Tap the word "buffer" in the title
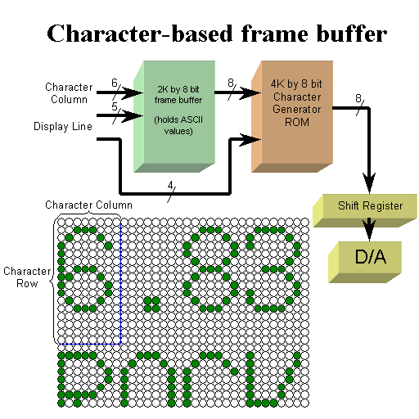click(351, 34)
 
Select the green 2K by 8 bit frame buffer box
click(174, 116)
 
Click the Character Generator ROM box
click(292, 116)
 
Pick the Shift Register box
click(365, 210)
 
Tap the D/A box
click(365, 262)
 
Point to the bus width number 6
click(115, 83)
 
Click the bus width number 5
click(115, 106)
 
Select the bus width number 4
click(170, 186)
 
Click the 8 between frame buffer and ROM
click(231, 83)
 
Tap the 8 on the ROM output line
click(358, 98)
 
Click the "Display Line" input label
click(63, 127)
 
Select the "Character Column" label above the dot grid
click(88, 205)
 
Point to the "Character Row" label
click(27, 277)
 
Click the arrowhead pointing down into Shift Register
click(369, 182)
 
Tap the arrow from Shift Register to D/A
click(369, 229)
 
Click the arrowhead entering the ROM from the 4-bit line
click(250, 139)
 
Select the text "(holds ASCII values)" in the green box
click(178, 125)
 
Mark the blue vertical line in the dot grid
click(120, 283)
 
